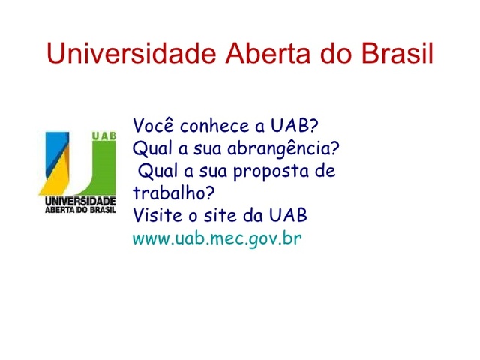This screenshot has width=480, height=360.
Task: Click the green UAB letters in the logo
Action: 103,136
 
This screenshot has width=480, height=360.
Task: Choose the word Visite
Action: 154,216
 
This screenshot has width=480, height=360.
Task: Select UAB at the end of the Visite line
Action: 290,216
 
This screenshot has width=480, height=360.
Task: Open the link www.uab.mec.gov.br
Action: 217,239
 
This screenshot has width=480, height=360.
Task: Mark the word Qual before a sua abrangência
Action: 149,147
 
